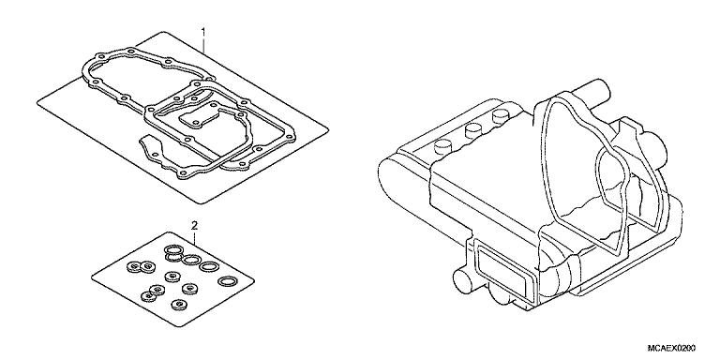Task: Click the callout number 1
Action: pos(203,32)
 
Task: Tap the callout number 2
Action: pos(194,225)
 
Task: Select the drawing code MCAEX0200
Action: pos(671,348)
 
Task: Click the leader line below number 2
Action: pos(195,238)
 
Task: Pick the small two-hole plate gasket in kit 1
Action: pos(199,117)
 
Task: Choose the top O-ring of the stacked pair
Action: pos(173,249)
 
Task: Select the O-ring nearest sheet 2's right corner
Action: pos(227,280)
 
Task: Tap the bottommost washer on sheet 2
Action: pos(178,305)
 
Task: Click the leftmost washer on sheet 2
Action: pos(135,266)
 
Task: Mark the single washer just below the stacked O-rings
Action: pos(172,277)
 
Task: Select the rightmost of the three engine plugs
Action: pos(499,117)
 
